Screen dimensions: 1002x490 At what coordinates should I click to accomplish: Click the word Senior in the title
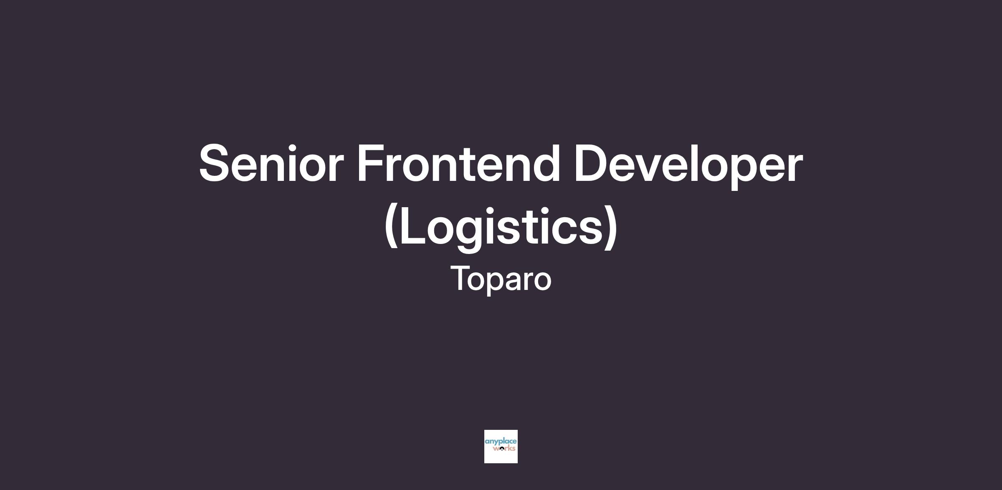[x=271, y=163]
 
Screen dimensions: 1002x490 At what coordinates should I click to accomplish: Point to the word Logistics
[x=501, y=227]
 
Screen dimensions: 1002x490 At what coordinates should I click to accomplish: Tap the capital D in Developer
[x=592, y=163]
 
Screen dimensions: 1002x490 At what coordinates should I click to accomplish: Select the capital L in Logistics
[x=412, y=226]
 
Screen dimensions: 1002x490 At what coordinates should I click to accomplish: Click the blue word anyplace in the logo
[x=501, y=442]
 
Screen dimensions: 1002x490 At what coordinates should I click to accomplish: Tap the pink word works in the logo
[x=504, y=449]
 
